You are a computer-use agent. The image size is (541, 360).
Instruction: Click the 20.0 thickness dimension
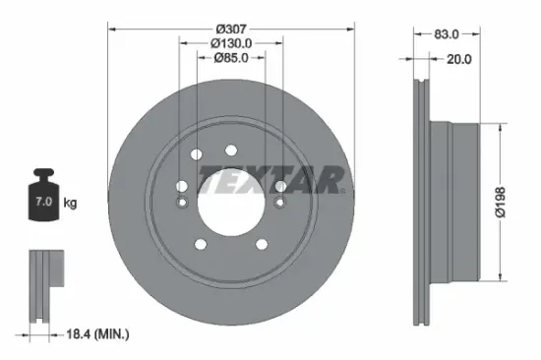458,58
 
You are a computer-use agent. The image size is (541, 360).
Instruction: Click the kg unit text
70,203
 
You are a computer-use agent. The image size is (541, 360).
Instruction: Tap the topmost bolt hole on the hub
230,150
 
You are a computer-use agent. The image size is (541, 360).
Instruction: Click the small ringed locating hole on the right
280,204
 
